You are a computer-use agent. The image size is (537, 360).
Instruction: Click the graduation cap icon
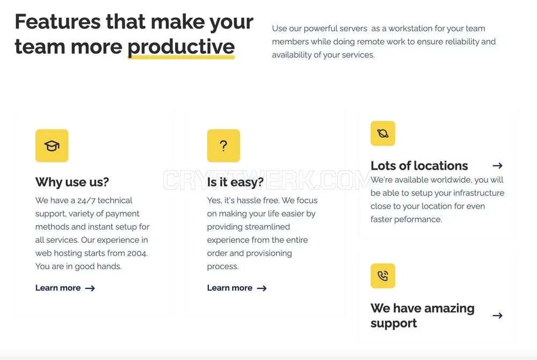[x=52, y=146]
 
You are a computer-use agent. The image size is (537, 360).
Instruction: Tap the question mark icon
[x=223, y=146]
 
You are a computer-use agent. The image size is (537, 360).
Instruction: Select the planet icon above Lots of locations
[x=383, y=133]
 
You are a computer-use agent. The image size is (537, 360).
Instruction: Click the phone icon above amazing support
[x=383, y=276]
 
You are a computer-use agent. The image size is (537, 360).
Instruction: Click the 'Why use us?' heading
[x=72, y=182]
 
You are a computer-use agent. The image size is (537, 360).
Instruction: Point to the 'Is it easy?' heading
[x=235, y=182]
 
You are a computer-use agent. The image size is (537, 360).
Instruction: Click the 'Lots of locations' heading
[x=419, y=166]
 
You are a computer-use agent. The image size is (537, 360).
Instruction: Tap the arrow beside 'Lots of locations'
[x=498, y=166]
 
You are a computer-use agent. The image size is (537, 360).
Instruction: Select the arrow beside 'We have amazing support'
[x=498, y=315]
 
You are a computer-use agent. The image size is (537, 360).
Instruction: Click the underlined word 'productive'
[x=181, y=47]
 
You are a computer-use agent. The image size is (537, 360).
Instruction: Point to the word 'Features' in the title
[x=57, y=21]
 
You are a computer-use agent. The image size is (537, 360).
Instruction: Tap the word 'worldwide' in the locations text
[x=448, y=180]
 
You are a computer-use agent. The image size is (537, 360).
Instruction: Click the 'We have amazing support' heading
[x=423, y=315]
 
